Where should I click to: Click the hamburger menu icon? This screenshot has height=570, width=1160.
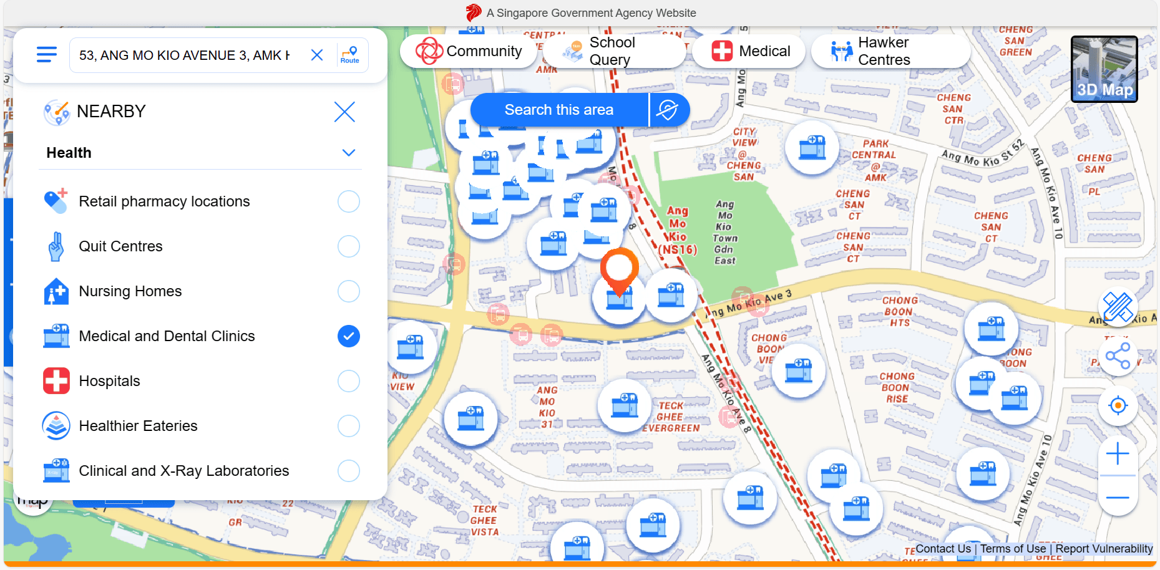point(47,55)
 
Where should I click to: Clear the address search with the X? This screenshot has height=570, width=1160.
point(317,56)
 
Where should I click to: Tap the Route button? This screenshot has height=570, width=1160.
point(350,55)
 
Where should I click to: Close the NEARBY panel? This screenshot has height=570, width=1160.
point(344,112)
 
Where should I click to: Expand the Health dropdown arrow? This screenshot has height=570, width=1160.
point(349,153)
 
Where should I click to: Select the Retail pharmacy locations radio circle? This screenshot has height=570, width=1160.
point(349,201)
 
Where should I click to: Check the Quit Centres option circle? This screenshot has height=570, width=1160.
point(349,246)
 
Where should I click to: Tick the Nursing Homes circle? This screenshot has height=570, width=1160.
point(349,291)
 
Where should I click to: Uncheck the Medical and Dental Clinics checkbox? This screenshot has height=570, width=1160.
point(349,336)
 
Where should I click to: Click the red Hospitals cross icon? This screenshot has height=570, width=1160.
point(56,381)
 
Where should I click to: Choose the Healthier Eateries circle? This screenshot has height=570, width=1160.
point(349,426)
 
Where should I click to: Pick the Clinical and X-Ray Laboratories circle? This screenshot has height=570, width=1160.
point(349,471)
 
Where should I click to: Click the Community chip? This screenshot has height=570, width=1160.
point(469,51)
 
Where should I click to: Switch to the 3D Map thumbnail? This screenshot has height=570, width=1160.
point(1104,69)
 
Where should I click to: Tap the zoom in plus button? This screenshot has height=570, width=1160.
point(1118,453)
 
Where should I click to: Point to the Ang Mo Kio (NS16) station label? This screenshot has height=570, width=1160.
point(678,231)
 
